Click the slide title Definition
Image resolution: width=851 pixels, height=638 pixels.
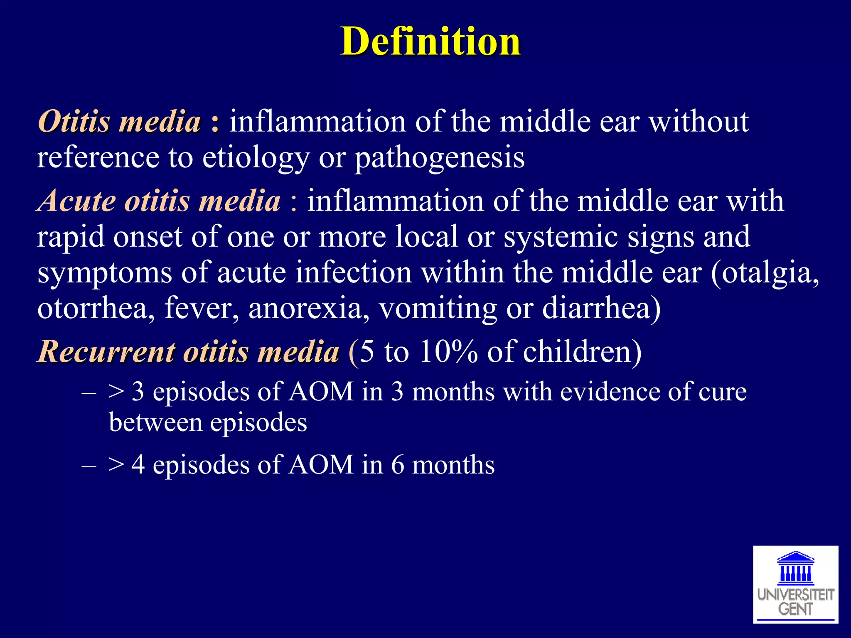click(430, 41)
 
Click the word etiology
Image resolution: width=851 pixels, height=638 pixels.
click(256, 158)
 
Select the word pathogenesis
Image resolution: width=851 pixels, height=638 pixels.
click(439, 158)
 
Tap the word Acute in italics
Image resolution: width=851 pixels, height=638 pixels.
click(77, 201)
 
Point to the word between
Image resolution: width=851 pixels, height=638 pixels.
click(155, 422)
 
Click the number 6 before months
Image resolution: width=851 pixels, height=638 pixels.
click(397, 465)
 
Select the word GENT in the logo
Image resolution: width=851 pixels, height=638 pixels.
click(795, 609)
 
